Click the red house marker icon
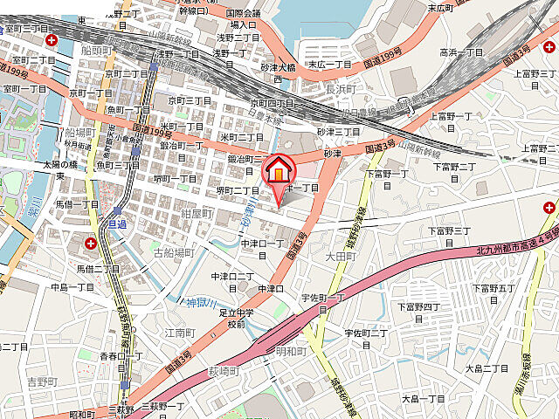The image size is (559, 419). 279,169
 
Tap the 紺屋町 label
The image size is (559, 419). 197,212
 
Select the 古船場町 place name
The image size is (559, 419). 173,252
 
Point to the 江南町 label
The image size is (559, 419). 178,333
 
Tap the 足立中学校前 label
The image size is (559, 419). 237,318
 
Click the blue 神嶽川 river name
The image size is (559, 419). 199,303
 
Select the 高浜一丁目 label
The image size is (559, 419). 460,52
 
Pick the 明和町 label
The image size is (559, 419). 291,351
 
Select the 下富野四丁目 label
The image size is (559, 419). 419,306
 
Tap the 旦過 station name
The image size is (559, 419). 117,223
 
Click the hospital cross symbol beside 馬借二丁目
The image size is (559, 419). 92,241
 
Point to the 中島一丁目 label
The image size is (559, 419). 72,286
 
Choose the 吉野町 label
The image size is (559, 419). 40,382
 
